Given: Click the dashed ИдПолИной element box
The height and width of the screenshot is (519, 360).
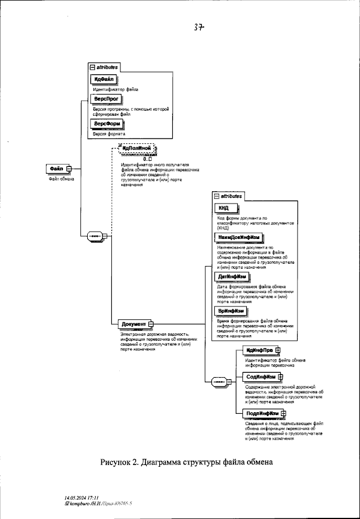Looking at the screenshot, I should tap(137, 149).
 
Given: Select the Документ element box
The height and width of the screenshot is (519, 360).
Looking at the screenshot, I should tap(134, 324).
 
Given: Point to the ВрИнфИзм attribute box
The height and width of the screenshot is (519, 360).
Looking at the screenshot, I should tap(231, 311).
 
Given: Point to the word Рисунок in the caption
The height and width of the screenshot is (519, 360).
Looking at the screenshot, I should tap(116, 463).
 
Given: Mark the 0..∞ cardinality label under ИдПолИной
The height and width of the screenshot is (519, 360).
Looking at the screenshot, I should tap(148, 159).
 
